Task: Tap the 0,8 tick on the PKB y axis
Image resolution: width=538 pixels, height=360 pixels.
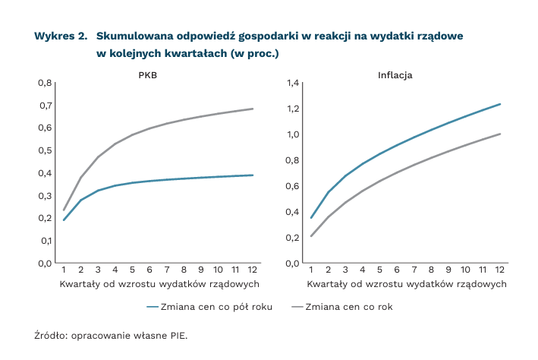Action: coord(45,82)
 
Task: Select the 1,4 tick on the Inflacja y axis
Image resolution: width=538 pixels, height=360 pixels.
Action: coord(294,82)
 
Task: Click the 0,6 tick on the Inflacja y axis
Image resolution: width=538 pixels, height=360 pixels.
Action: coord(294,185)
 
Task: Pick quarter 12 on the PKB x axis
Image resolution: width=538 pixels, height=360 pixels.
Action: coord(253,270)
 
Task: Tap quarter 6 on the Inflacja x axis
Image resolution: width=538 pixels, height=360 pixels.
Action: coord(397,270)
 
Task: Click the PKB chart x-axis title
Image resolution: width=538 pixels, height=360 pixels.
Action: coord(159,283)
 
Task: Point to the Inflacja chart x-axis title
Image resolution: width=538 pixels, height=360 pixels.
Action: coord(407,283)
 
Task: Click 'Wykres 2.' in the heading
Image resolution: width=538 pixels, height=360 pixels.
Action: coord(60,36)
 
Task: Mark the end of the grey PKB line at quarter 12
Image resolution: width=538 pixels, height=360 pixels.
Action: coord(253,109)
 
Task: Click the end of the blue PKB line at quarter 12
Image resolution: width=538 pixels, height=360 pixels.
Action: coord(253,175)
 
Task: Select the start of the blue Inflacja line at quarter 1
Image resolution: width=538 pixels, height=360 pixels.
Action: coord(311,218)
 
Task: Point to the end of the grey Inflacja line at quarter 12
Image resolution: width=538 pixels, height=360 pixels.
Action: coord(500,134)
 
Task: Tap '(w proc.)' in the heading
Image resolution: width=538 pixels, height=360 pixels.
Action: coord(255,53)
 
